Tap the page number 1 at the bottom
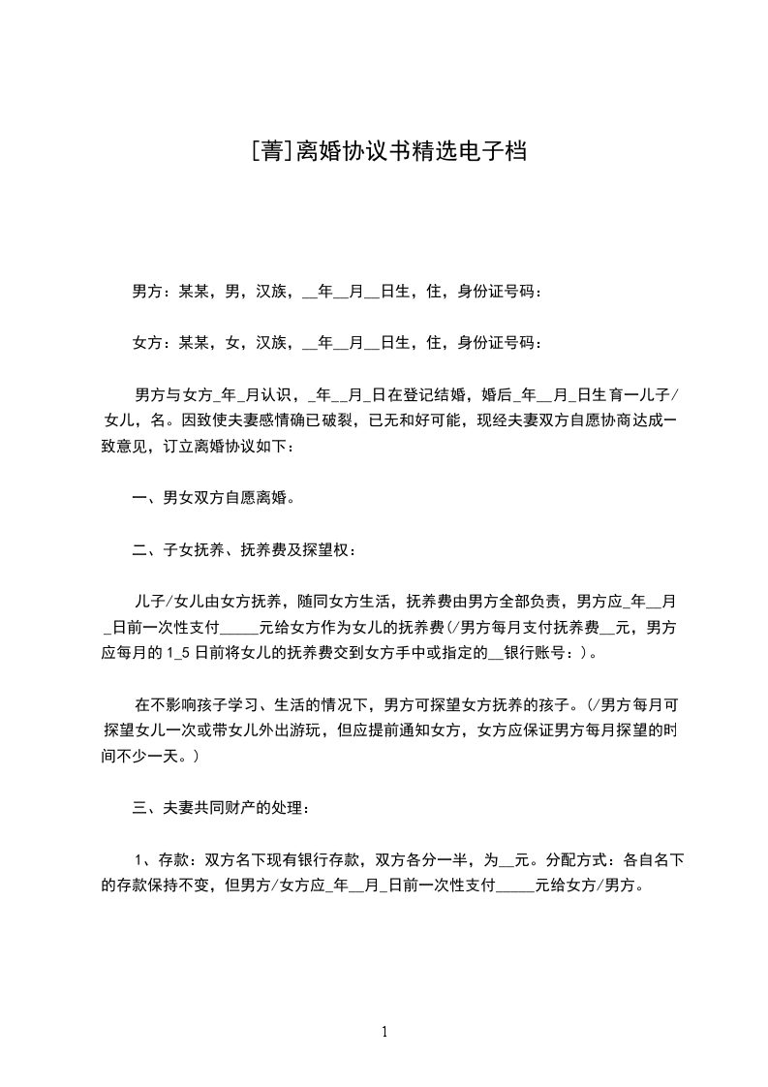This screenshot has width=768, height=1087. click(x=384, y=1031)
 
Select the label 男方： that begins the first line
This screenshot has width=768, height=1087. click(x=149, y=291)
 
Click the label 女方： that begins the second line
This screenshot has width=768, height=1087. click(x=149, y=342)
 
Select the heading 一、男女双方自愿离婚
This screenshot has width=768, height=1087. click(x=213, y=498)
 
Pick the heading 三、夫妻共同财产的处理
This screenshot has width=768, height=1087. click(x=221, y=806)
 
